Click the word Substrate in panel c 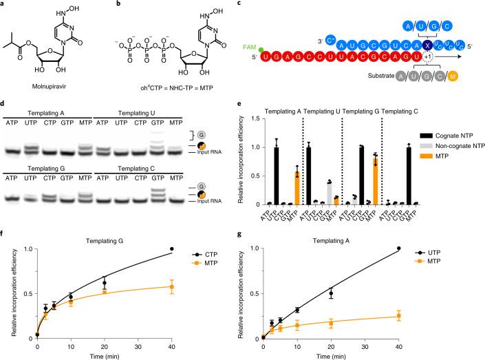point(360,89)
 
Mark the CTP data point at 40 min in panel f point(211,248)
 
